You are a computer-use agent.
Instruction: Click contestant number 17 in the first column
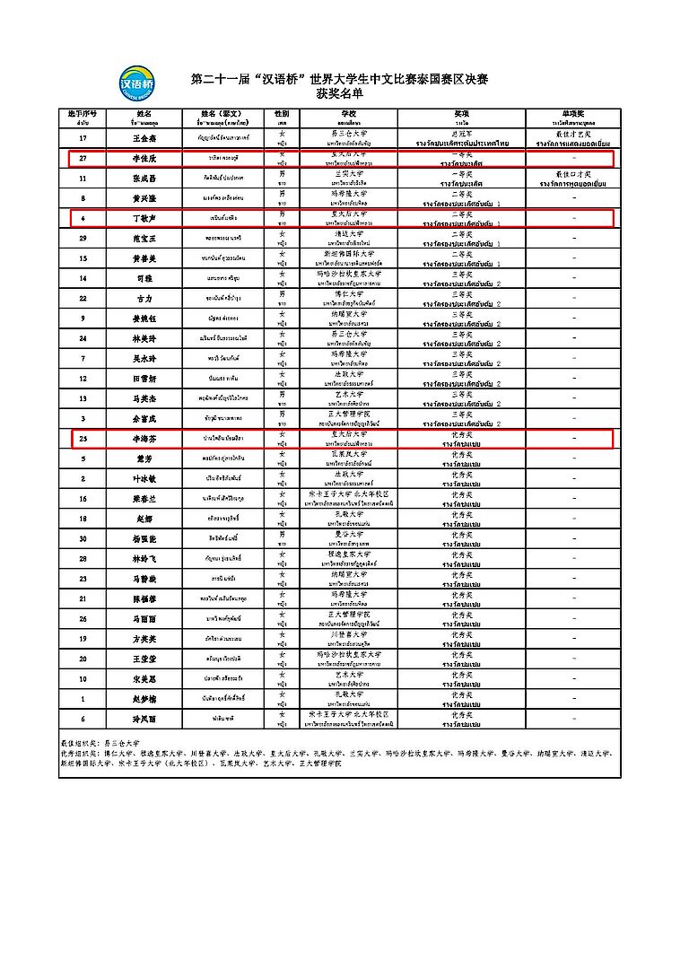tap(83, 138)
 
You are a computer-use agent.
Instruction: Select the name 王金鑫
tap(144, 138)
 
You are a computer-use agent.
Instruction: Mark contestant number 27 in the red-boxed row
tap(83, 158)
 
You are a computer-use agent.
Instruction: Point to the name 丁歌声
tap(144, 217)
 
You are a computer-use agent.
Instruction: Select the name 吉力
tap(144, 297)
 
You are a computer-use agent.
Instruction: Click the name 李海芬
tap(144, 437)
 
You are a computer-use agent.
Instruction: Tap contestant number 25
tap(83, 437)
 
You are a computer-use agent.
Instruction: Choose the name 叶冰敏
tap(144, 478)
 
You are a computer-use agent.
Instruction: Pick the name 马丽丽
tap(144, 618)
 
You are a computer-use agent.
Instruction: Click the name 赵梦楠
tap(144, 698)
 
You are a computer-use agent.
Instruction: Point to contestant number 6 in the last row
tap(83, 718)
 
